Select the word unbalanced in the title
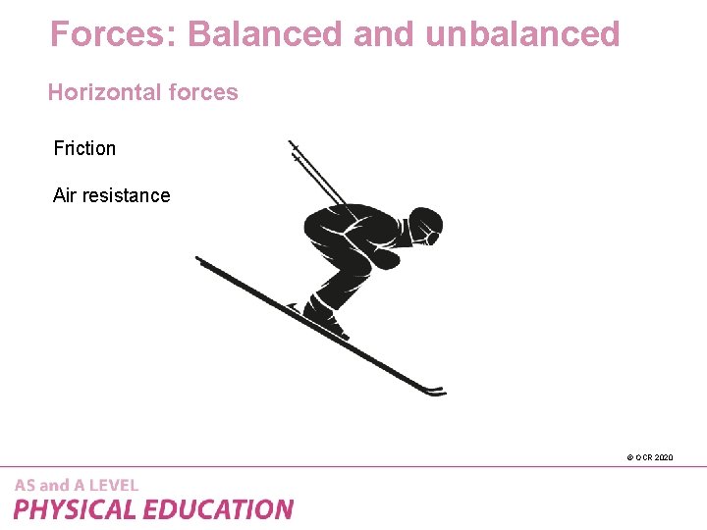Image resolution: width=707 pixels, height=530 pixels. (523, 34)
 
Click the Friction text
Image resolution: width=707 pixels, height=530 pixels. (84, 148)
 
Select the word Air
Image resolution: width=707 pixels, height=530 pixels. (64, 195)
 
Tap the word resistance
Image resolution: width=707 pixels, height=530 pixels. (125, 195)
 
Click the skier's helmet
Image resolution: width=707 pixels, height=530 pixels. (424, 223)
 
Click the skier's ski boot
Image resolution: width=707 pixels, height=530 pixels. (324, 316)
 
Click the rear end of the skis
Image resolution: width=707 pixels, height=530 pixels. (201, 260)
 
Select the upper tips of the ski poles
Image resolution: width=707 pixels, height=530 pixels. (294, 147)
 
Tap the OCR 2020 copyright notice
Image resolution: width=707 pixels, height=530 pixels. (649, 457)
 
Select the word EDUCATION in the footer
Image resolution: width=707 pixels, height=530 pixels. (218, 509)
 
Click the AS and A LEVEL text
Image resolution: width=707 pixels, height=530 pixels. (77, 485)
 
